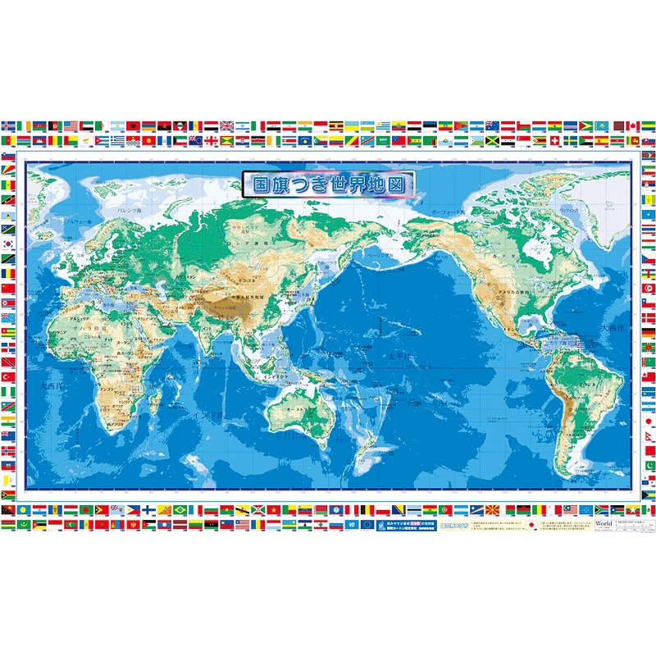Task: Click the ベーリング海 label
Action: pos(379,256)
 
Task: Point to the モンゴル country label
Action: pos(251,276)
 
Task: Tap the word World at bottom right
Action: pos(604,522)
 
